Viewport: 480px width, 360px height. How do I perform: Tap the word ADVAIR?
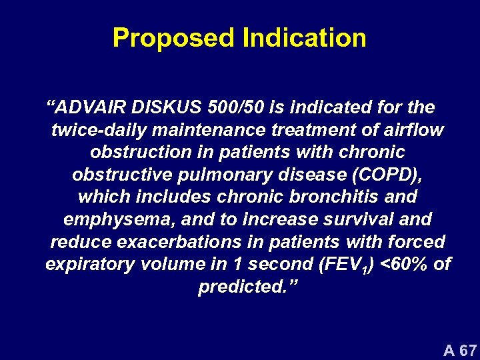[90, 107]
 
